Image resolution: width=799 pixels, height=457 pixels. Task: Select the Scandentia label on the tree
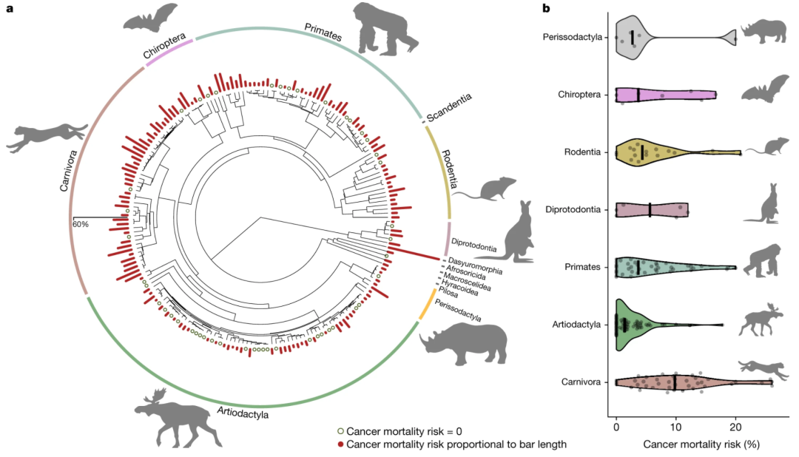[x=447, y=106]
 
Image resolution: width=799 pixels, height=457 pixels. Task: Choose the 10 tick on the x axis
[x=675, y=426]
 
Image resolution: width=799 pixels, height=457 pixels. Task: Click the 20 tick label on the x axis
[x=735, y=426]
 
